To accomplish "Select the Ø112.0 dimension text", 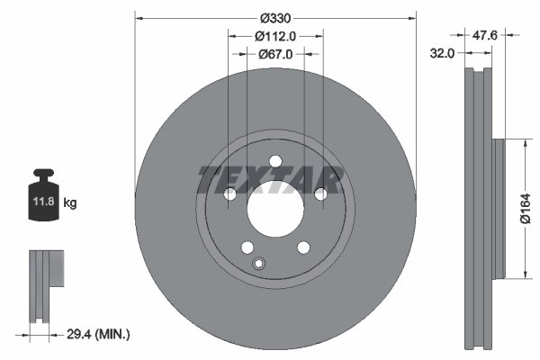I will point(275,37).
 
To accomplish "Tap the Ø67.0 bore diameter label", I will point(275,54).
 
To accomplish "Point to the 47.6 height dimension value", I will point(486,37).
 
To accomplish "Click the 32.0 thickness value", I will point(442,54).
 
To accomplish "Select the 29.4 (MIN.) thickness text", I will point(100,335).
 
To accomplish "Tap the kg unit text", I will point(70,204).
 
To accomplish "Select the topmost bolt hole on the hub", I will point(274,162).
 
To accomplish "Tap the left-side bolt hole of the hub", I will point(229,195).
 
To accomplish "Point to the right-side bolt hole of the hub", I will point(319,194).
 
